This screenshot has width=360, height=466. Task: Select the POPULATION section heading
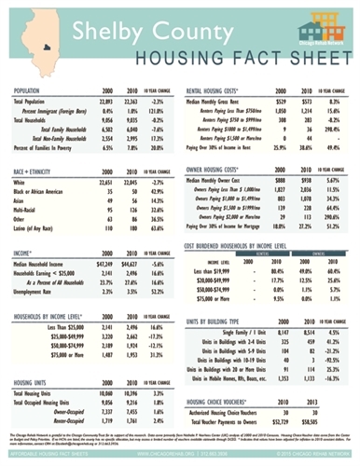coord(25,91)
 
